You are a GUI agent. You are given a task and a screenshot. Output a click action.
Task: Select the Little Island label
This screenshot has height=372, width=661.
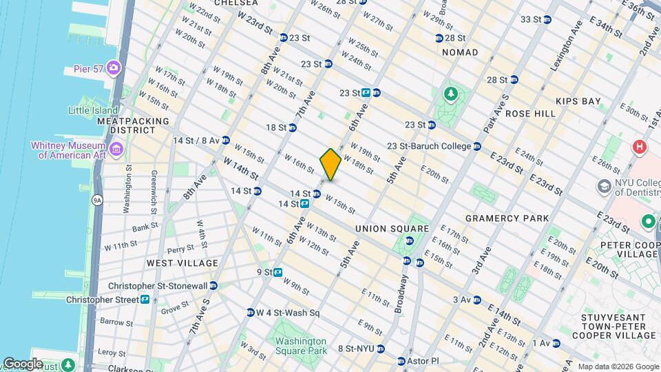[x=94, y=110]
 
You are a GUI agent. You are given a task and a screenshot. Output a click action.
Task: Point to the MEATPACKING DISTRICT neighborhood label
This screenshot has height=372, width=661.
[x=127, y=125]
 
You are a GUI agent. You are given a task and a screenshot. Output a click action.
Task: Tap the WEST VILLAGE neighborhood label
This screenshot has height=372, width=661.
[x=182, y=262]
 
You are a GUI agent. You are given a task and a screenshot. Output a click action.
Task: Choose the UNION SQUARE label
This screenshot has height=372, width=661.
[x=392, y=229]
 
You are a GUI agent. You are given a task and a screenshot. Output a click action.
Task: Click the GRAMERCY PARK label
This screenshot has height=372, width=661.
[x=507, y=218]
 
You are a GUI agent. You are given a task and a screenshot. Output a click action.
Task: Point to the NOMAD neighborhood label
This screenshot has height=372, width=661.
[x=459, y=52]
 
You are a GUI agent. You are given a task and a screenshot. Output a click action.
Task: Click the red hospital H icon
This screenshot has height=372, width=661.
[x=640, y=147]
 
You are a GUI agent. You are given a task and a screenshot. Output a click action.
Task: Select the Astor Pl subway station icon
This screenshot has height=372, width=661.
[x=401, y=361]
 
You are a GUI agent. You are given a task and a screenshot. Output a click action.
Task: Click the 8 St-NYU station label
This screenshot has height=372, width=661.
[x=356, y=349]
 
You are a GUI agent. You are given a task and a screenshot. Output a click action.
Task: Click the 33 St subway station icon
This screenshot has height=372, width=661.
[x=548, y=19]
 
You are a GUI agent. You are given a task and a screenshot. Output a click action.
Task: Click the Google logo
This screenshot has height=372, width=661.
[x=22, y=364]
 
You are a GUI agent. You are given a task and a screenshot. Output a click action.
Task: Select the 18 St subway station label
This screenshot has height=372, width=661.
[x=276, y=127]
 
